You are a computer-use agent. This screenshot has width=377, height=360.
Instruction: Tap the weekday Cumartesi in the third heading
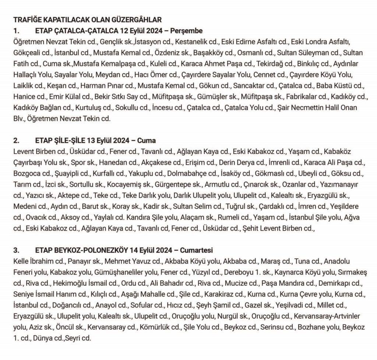[x=198, y=251]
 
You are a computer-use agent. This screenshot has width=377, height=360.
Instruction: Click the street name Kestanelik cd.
[x=203, y=40]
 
